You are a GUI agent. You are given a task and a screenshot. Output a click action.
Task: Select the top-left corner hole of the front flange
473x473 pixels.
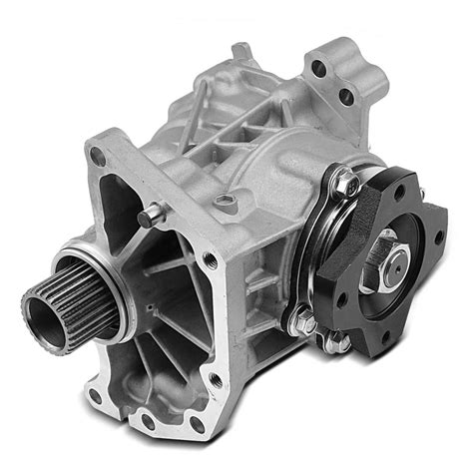point(97,156)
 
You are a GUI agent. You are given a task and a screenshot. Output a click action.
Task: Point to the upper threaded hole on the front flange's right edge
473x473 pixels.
point(210,260)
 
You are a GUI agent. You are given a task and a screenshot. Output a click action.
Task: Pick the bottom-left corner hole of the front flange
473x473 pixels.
point(92,396)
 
